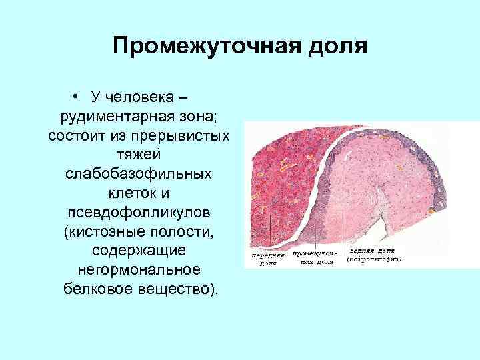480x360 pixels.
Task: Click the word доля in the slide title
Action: pos(337,47)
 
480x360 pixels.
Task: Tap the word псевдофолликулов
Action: pos(139,213)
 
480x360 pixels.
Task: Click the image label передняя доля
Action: pos(269,259)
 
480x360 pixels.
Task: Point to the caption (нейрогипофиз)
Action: pos(374,258)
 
